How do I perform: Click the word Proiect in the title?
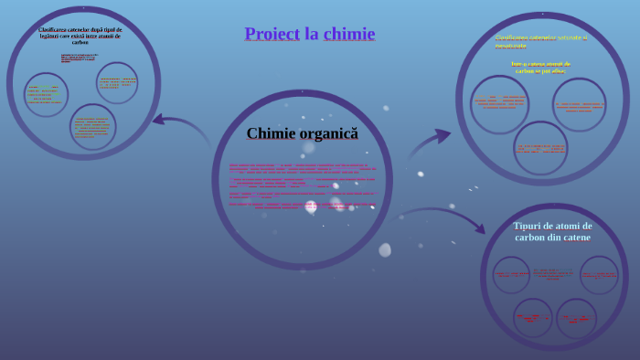click(x=272, y=34)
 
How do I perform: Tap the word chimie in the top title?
click(x=349, y=34)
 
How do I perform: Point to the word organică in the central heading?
click(x=328, y=133)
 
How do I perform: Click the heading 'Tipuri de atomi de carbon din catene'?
click(x=552, y=231)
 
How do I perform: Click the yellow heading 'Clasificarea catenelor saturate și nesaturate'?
click(x=541, y=41)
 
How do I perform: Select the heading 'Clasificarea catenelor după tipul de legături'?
click(x=80, y=36)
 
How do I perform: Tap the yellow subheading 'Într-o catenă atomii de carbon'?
click(x=540, y=67)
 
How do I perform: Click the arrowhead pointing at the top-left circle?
click(x=157, y=119)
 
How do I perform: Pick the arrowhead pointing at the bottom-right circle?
click(x=478, y=228)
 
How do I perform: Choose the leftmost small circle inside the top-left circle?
click(x=46, y=94)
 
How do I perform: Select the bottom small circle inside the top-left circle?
click(x=92, y=127)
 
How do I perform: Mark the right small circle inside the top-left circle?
click(x=117, y=83)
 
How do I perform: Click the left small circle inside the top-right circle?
click(x=499, y=104)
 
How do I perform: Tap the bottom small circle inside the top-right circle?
click(x=540, y=147)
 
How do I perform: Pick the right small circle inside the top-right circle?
click(x=579, y=104)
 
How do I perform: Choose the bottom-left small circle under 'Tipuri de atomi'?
click(x=532, y=317)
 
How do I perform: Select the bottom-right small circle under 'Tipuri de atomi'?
click(x=577, y=318)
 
